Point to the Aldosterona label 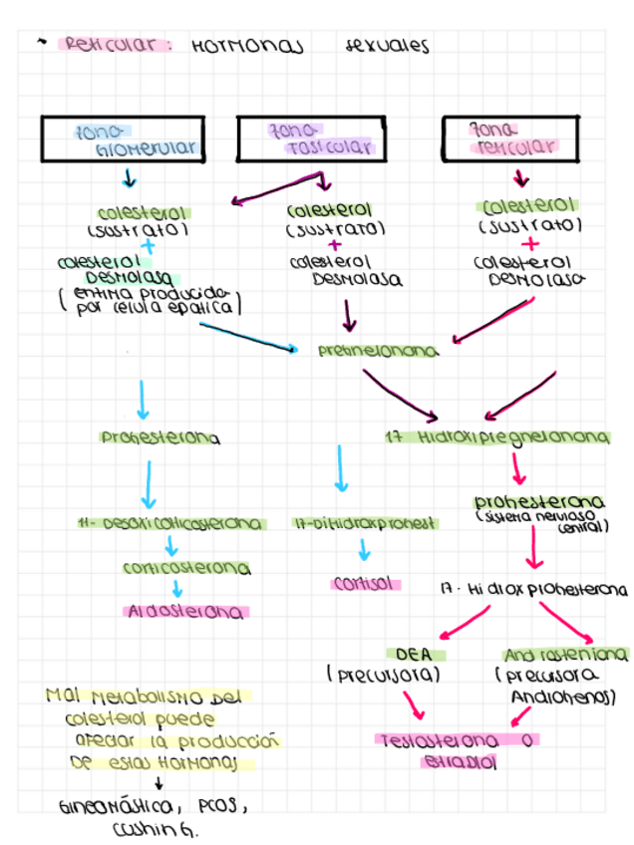186,612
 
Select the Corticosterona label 186,569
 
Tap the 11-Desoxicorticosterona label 171,523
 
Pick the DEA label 412,656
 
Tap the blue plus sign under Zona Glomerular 149,245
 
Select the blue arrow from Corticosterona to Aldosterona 177,590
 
